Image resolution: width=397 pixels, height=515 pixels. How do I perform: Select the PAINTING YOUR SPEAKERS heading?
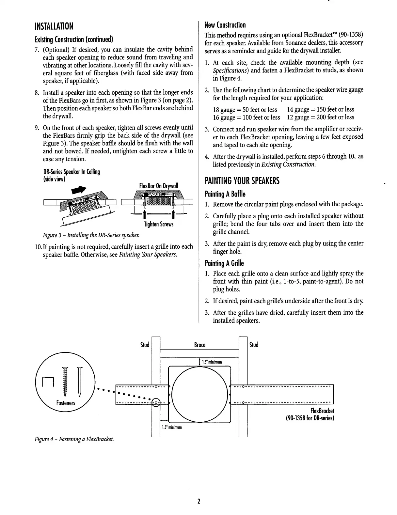[x=242, y=181]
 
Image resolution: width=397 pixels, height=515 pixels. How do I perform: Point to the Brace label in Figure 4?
[x=199, y=345]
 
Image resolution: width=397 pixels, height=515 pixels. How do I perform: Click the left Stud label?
[x=144, y=345]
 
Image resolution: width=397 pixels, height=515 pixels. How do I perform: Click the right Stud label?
[x=254, y=345]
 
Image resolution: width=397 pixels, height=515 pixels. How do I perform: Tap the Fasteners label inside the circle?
[x=66, y=403]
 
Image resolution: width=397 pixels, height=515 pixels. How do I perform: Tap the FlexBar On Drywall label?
[x=159, y=186]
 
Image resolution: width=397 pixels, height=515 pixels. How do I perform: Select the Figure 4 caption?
[x=74, y=439]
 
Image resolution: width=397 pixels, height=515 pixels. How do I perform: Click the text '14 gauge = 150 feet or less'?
[x=320, y=109]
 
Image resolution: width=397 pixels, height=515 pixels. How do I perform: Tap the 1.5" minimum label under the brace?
[x=212, y=362]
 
